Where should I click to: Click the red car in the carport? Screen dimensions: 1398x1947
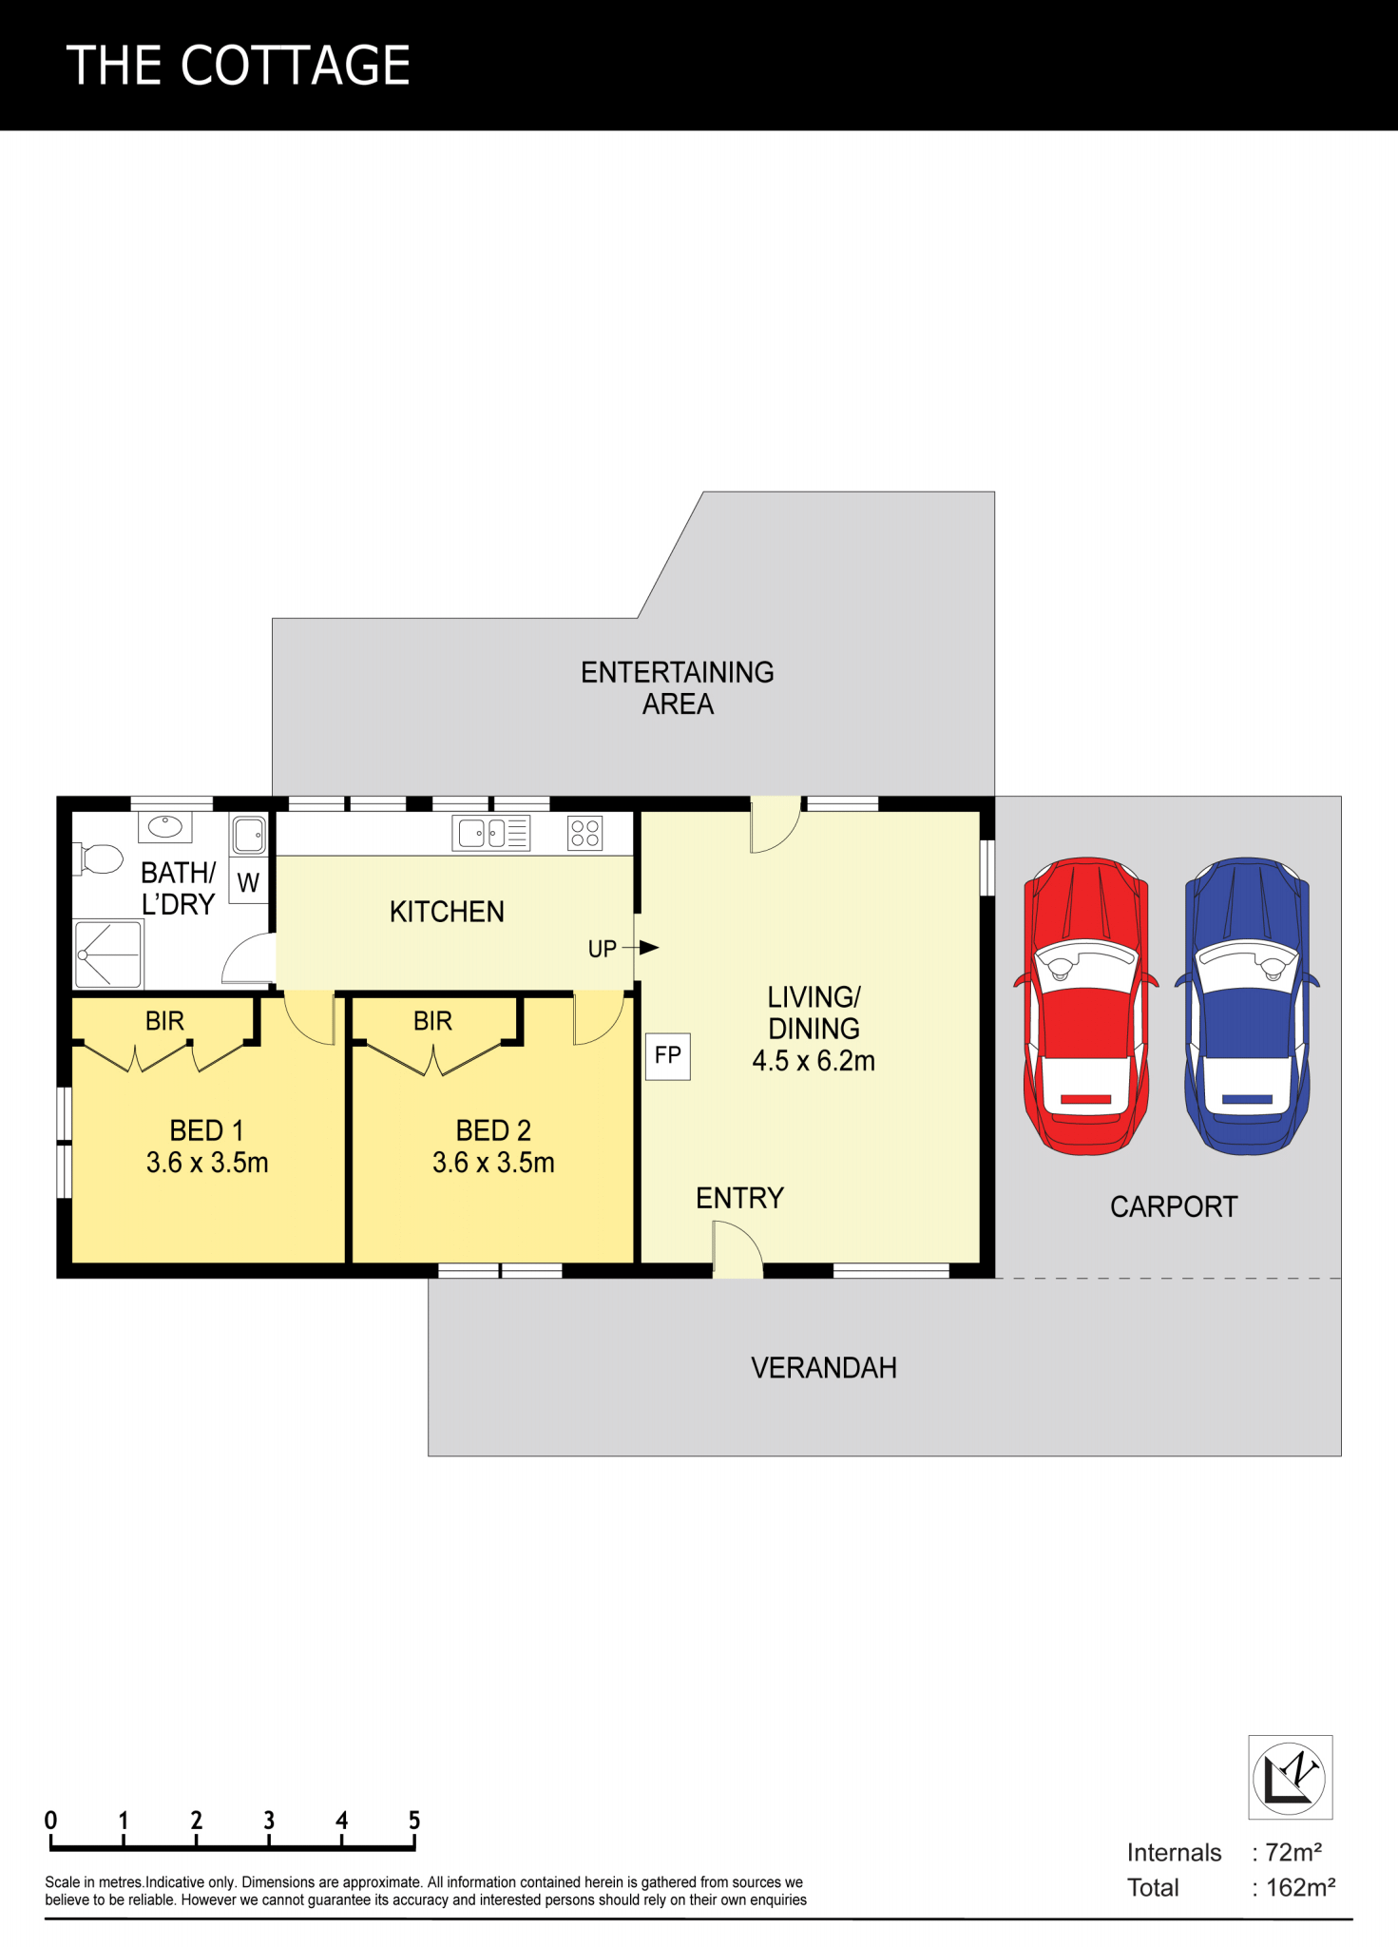[1086, 1006]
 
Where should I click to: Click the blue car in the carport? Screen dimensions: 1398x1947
[1247, 1006]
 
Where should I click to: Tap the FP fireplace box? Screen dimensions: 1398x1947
[668, 1056]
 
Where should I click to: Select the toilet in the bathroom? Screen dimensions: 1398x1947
[99, 859]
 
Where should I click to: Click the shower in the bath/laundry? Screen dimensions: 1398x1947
[108, 954]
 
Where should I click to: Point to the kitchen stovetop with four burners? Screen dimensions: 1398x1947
[585, 834]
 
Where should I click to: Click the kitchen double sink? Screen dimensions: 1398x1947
[491, 834]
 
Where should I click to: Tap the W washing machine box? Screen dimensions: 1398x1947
[249, 883]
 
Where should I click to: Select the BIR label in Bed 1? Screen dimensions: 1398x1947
[164, 1021]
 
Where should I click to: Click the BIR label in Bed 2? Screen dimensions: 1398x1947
[432, 1021]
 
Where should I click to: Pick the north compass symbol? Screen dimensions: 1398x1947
[1290, 1777]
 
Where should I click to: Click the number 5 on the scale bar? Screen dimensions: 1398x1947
[414, 1821]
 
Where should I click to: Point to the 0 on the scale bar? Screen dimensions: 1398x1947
[50, 1821]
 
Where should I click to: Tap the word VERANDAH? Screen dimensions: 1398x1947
[824, 1368]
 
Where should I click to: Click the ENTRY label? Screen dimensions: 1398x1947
[740, 1198]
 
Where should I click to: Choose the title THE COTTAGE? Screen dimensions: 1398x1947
[239, 66]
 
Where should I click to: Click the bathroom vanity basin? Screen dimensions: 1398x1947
[165, 827]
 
